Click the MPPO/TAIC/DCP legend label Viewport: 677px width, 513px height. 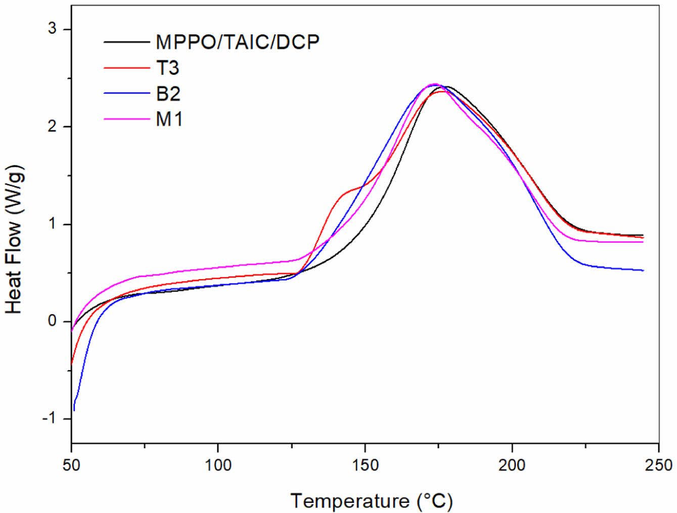click(x=238, y=42)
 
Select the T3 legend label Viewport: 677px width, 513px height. click(x=167, y=68)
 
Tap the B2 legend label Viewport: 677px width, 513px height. click(x=168, y=94)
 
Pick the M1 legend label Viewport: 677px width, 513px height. click(x=169, y=119)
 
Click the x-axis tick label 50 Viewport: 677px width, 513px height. click(x=71, y=464)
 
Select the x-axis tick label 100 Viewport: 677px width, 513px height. click(x=218, y=464)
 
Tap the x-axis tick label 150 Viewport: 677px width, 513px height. click(x=365, y=464)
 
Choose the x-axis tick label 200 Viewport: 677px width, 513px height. click(x=512, y=464)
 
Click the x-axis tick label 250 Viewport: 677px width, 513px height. click(x=658, y=464)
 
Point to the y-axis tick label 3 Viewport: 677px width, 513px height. click(x=53, y=29)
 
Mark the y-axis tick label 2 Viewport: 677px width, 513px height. click(x=53, y=126)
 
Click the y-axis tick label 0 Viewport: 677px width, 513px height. click(x=53, y=321)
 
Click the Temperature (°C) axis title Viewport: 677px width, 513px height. click(x=372, y=501)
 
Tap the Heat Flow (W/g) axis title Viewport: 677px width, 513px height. click(x=14, y=239)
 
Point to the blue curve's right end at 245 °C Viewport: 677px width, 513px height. click(x=643, y=270)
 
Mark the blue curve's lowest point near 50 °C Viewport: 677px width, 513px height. click(x=74, y=410)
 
